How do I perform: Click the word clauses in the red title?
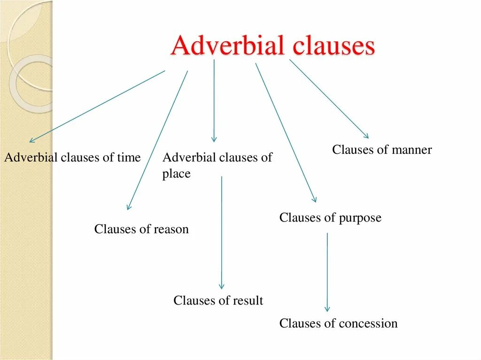coord(334,47)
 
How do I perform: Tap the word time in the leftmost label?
coord(129,158)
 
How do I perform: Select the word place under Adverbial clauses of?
coord(176,174)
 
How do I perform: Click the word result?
coord(247,300)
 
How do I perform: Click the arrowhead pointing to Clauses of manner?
coord(366,136)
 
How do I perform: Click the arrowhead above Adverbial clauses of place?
coord(214,139)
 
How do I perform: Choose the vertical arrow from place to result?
coord(222,230)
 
